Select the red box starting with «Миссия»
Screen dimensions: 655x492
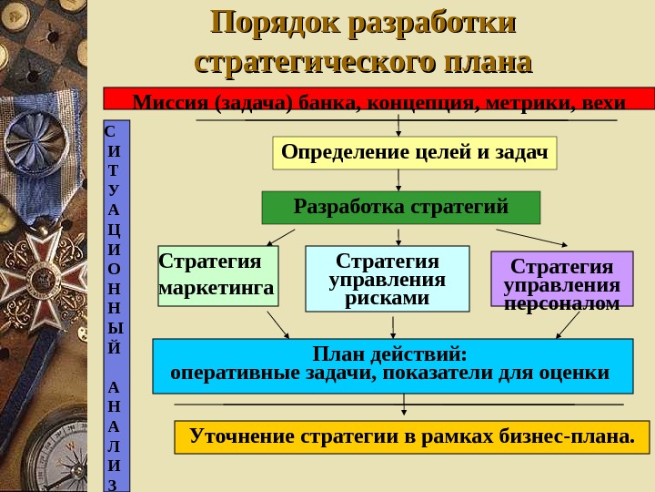pyautogui.click(x=379, y=98)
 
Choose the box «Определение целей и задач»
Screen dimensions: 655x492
pyautogui.click(x=415, y=152)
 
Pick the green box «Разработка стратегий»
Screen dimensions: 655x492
pyautogui.click(x=400, y=208)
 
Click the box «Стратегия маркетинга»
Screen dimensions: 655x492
pyautogui.click(x=217, y=275)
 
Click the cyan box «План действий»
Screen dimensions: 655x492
pyautogui.click(x=391, y=365)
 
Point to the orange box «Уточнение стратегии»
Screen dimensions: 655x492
pyautogui.click(x=411, y=437)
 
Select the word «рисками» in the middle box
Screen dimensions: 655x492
pyautogui.click(x=387, y=299)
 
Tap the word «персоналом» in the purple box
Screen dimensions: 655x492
pyautogui.click(x=561, y=303)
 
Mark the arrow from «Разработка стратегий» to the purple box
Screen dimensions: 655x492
pyautogui.click(x=532, y=237)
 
